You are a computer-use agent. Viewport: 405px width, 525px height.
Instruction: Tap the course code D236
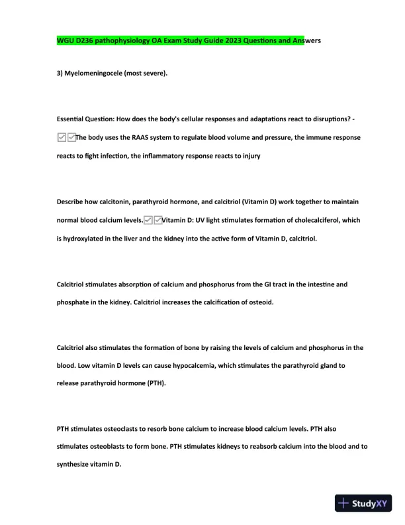(x=89, y=40)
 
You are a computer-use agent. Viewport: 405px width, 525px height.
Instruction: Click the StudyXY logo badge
(x=364, y=503)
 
